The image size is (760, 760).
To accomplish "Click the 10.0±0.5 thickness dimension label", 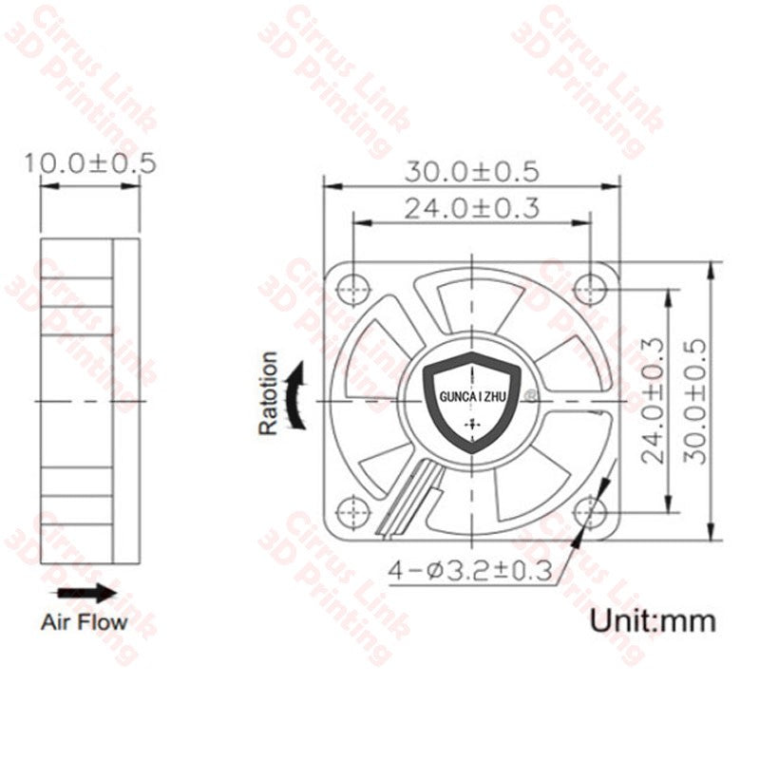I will [90, 161].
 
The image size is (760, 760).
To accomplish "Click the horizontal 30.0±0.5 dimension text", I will [471, 172].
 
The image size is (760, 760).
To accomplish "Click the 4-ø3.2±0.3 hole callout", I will [470, 570].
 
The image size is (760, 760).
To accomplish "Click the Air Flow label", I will [84, 623].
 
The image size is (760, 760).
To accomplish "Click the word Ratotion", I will [269, 393].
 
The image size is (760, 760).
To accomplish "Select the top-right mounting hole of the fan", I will [592, 285].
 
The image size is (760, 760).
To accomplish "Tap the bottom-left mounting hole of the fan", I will [353, 510].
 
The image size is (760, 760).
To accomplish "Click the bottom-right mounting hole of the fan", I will [594, 511].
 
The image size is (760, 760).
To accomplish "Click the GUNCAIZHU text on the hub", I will [472, 400].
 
